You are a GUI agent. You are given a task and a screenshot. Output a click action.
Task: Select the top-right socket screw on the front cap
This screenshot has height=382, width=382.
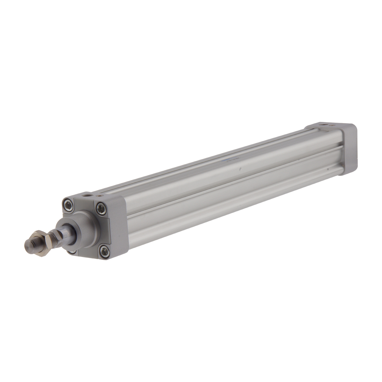(101, 209)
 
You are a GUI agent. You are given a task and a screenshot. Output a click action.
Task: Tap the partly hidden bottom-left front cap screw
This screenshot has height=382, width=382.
(72, 252)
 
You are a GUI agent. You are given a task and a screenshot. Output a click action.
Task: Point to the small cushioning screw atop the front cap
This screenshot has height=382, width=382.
(100, 196)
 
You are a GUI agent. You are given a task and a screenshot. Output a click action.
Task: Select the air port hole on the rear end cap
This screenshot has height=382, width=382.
(324, 125)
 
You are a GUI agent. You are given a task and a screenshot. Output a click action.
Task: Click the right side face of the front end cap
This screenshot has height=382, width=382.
(119, 227)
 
